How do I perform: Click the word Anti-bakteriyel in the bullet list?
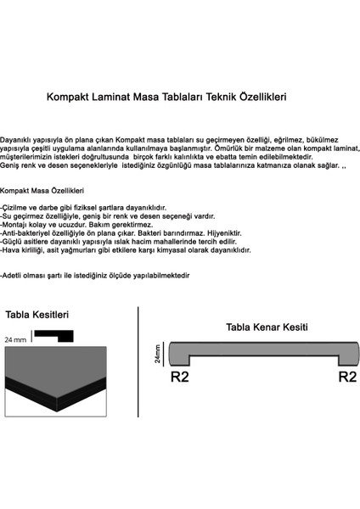click(x=27, y=234)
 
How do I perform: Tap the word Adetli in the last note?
click(x=15, y=277)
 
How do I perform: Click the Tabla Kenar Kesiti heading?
click(x=266, y=327)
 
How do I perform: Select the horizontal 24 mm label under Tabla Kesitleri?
click(x=14, y=338)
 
